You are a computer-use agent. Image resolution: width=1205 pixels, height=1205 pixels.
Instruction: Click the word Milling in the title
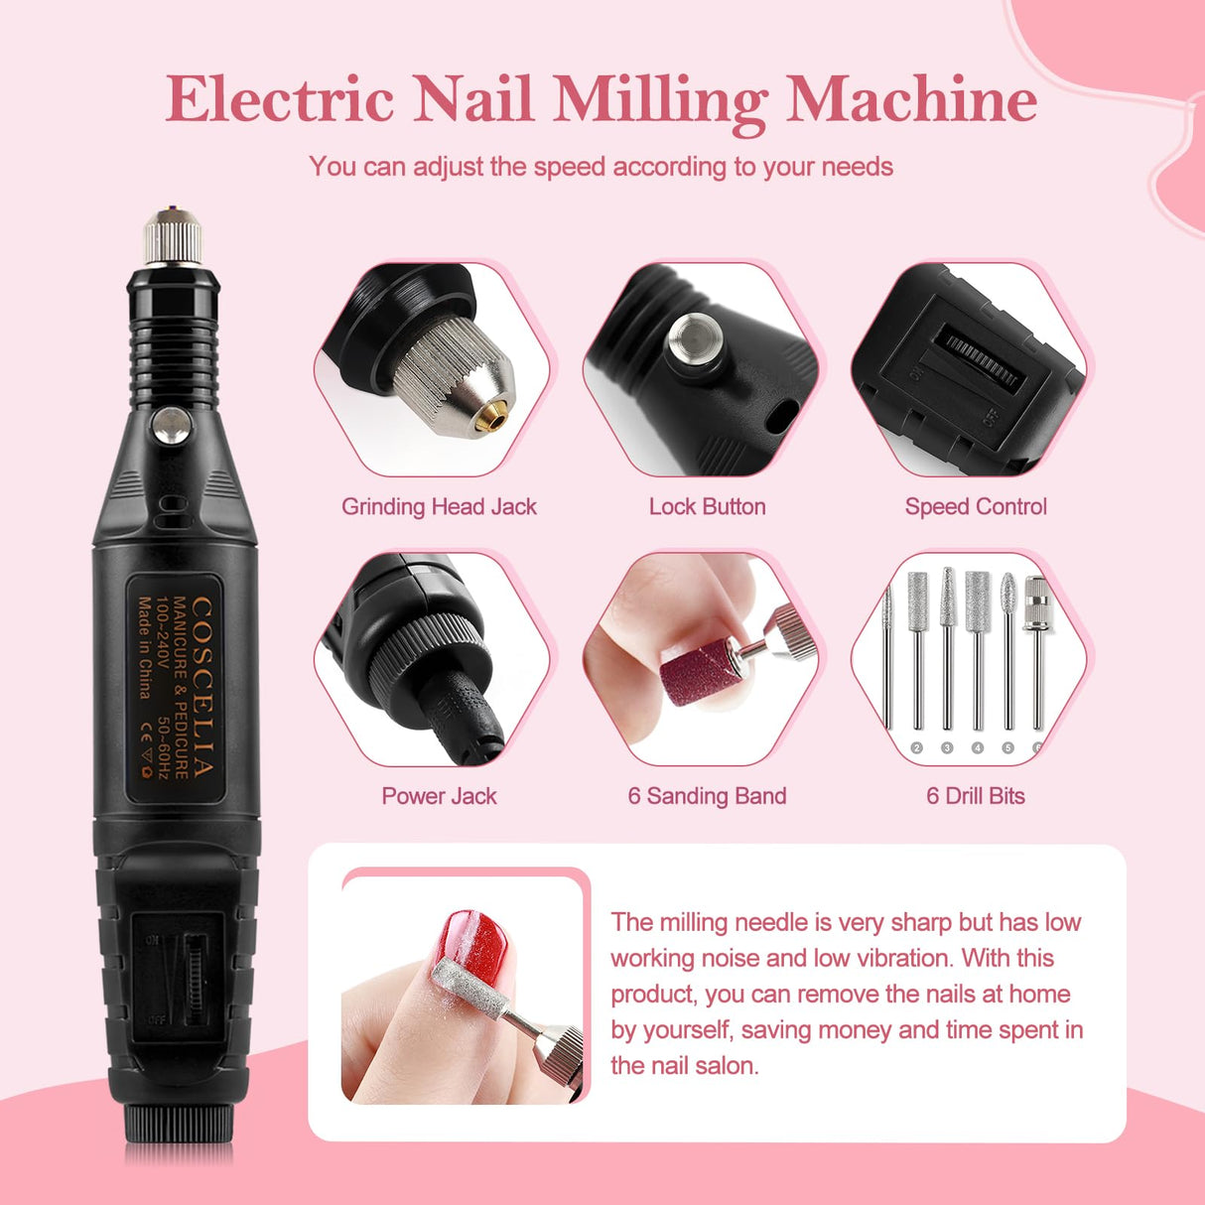(660, 100)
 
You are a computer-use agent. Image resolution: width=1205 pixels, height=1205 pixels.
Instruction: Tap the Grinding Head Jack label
(439, 507)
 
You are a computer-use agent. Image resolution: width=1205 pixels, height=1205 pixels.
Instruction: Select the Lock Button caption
(707, 507)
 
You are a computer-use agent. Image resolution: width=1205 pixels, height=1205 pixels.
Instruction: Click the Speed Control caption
(976, 507)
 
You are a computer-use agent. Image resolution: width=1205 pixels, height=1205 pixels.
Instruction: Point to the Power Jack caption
(439, 796)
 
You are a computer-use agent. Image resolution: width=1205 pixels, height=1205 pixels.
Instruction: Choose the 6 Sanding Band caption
(707, 796)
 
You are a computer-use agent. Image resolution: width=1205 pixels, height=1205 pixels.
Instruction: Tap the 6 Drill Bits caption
(976, 796)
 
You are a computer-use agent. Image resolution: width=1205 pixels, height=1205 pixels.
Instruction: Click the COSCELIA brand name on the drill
(201, 686)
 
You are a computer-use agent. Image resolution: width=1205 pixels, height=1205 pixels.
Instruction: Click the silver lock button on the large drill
(172, 426)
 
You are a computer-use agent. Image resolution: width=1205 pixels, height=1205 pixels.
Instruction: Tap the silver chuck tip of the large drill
(173, 238)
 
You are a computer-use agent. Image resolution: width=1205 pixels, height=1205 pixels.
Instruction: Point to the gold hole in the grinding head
(486, 421)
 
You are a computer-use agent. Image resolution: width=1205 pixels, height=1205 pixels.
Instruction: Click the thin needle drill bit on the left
(887, 655)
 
